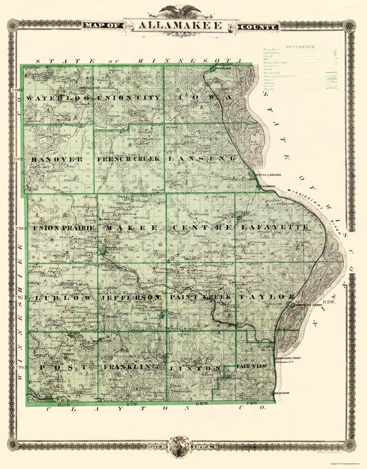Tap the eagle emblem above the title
181,10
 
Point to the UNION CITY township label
129,98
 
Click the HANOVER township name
56,159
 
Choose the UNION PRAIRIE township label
63,227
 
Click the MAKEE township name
132,227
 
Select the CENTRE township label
200,227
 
